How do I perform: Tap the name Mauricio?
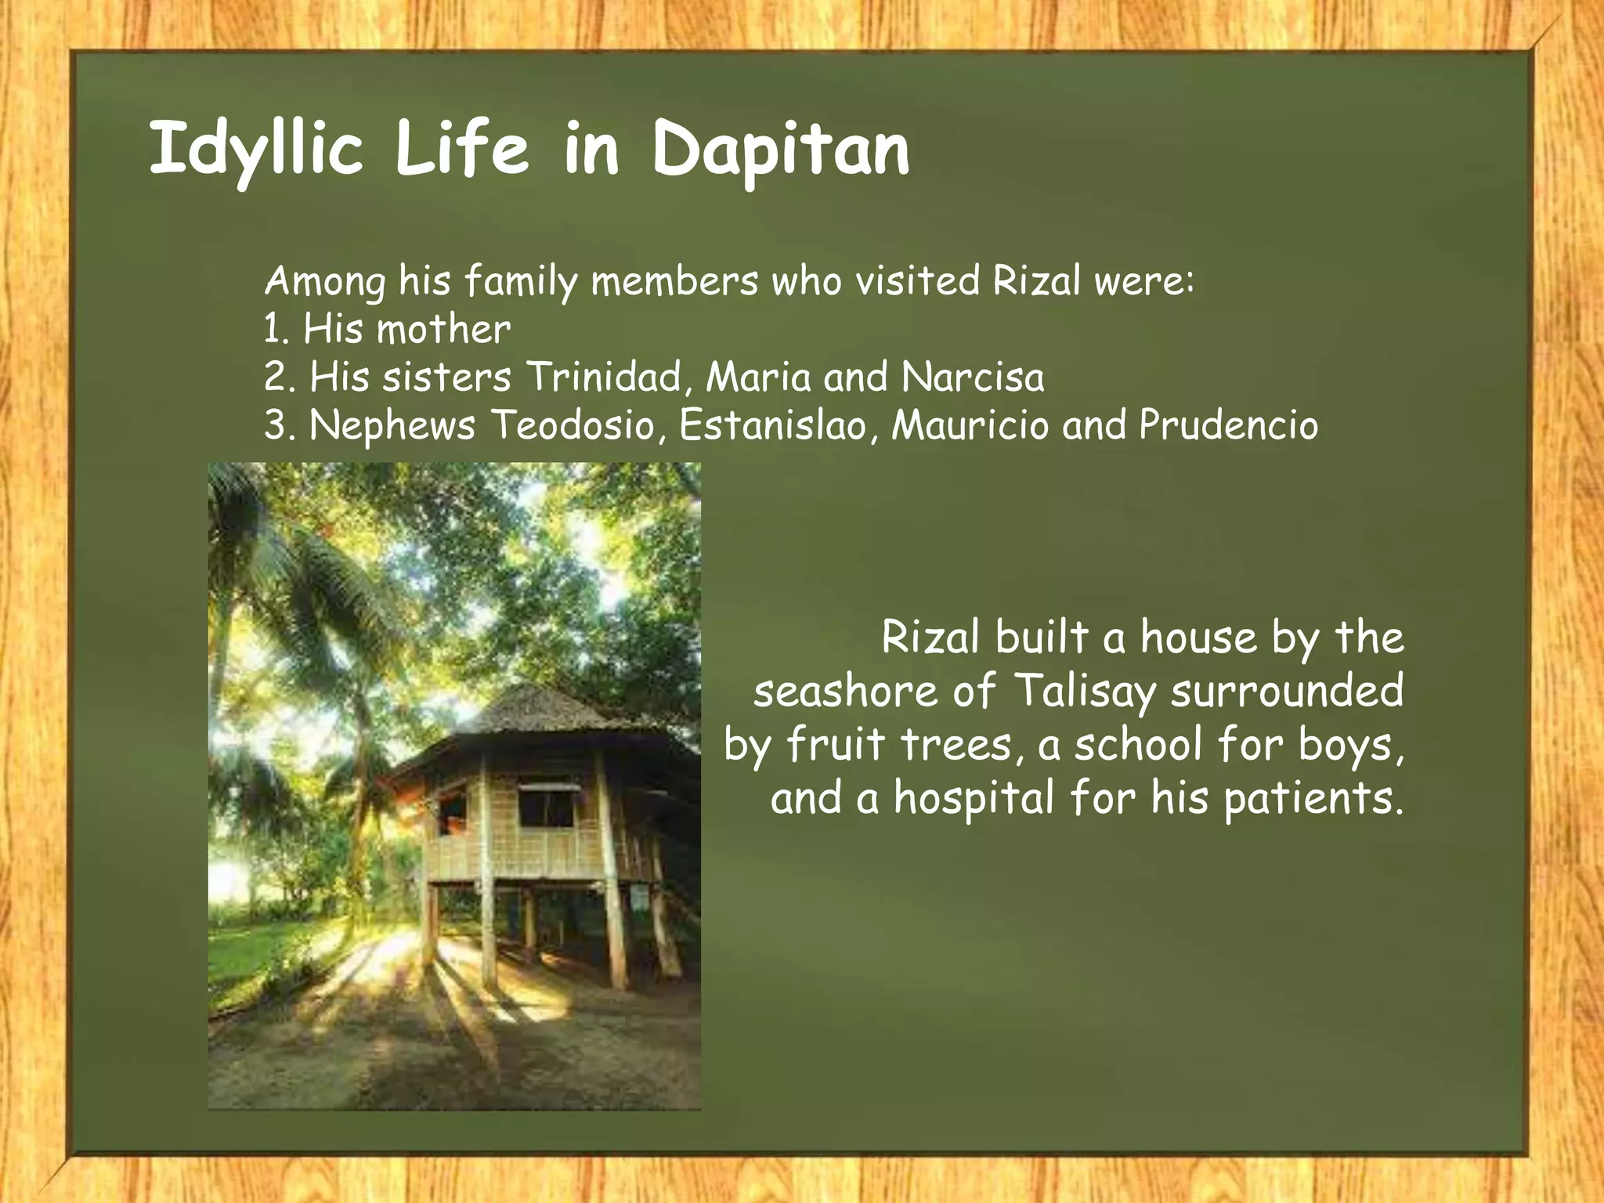(x=970, y=425)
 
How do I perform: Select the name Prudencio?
(x=1228, y=425)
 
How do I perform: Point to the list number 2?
(x=276, y=378)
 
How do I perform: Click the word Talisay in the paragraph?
(x=1085, y=691)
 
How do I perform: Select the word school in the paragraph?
(x=1138, y=744)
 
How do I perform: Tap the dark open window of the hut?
(x=546, y=808)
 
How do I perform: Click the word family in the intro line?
(x=520, y=281)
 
